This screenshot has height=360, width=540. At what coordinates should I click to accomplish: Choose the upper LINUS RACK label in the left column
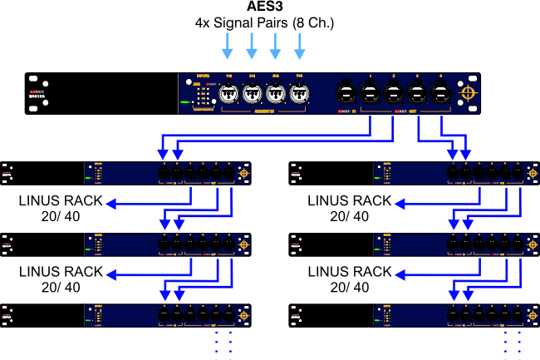[x=61, y=200]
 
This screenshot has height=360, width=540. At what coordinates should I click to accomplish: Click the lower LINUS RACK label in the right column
[x=348, y=272]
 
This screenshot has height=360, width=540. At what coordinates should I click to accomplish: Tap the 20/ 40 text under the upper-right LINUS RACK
[x=350, y=216]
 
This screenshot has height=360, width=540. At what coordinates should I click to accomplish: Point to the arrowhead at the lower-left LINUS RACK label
[x=116, y=272]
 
